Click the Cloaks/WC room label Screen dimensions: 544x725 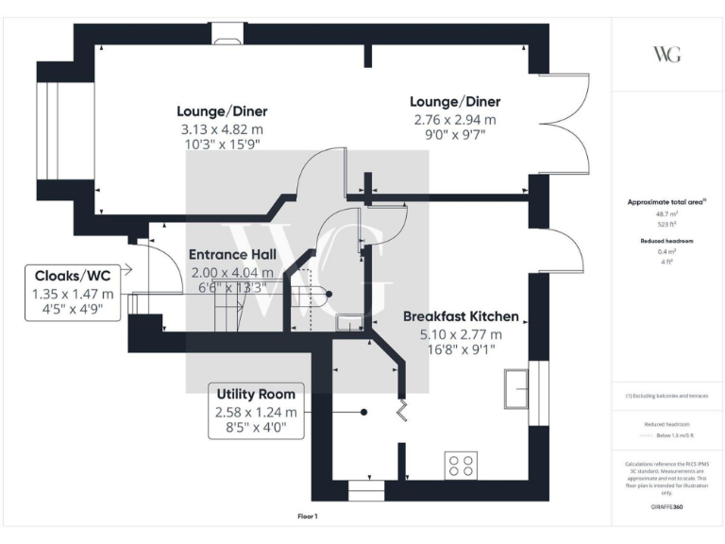[x=73, y=275]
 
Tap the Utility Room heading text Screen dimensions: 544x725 [x=256, y=394]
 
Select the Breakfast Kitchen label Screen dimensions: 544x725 [x=461, y=316]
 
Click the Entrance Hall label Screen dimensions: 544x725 [x=232, y=255]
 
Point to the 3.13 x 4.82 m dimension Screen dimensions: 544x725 [x=219, y=128]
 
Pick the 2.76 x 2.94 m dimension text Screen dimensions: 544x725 [x=454, y=120]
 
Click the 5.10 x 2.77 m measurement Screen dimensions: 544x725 [x=461, y=334]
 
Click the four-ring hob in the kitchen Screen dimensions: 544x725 [x=462, y=465]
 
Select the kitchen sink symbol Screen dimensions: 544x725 [x=516, y=385]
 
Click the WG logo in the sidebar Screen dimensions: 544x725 [x=666, y=53]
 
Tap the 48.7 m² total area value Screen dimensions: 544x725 [x=666, y=215]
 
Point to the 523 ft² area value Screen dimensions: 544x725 [x=666, y=225]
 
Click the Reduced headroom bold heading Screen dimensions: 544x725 [x=666, y=242]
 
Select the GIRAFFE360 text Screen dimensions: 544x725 [x=666, y=508]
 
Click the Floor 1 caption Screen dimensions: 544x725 [x=307, y=517]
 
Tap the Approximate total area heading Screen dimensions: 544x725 [x=666, y=202]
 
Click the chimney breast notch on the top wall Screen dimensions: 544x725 [x=226, y=39]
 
